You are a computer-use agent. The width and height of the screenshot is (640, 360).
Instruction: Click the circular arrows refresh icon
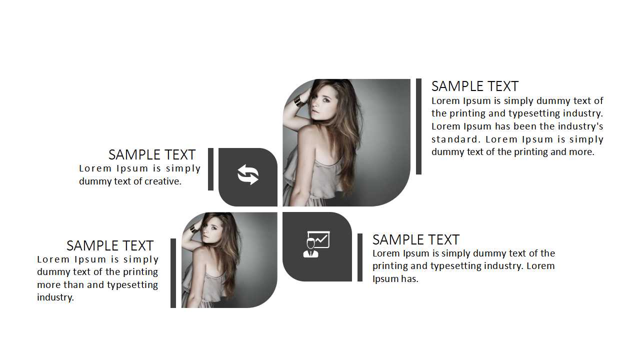tap(248, 174)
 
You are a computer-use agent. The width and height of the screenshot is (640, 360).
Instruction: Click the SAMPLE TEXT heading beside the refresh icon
tap(152, 155)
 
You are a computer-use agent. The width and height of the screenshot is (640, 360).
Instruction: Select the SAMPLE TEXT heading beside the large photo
tap(475, 86)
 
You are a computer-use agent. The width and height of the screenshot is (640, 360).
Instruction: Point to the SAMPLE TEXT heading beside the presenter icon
tap(416, 239)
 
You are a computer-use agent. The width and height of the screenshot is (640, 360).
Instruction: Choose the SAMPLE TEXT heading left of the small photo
tap(110, 245)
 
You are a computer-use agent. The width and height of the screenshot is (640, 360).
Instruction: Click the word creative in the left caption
tap(162, 181)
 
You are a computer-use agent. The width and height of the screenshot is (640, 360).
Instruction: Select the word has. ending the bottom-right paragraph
tap(409, 279)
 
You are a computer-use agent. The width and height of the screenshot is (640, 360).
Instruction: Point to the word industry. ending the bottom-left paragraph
tap(55, 297)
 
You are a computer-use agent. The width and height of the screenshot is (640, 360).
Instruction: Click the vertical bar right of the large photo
tap(418, 126)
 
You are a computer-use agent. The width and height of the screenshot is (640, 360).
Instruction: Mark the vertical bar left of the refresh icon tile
tap(211, 169)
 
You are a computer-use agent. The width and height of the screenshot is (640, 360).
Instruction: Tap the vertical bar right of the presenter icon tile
tap(360, 257)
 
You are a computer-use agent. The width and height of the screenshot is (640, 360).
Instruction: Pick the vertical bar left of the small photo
tap(173, 273)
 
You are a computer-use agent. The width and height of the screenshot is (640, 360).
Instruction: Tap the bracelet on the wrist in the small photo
tap(193, 228)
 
